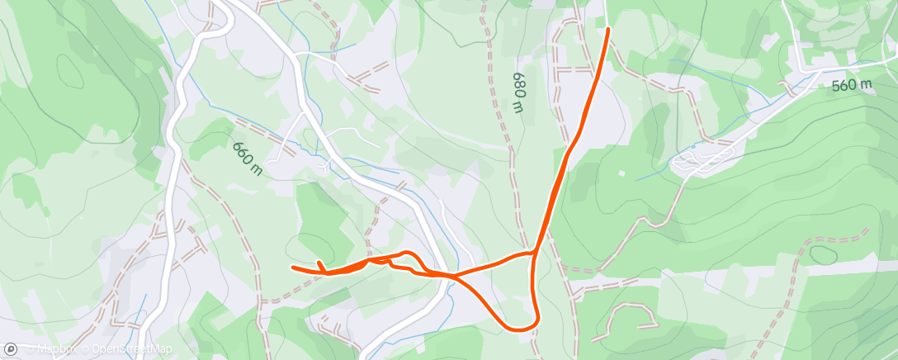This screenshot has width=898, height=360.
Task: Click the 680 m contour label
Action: click(518, 92)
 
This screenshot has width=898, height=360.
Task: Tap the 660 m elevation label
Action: click(247, 158)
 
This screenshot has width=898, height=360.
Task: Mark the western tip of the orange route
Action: click(293, 267)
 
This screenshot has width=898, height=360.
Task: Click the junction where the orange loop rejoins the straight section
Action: click(535, 251)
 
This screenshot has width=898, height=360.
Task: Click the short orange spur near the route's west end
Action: click(319, 264)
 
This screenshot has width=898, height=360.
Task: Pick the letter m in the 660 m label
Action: click(257, 169)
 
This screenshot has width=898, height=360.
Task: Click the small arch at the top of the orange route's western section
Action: click(406, 252)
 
